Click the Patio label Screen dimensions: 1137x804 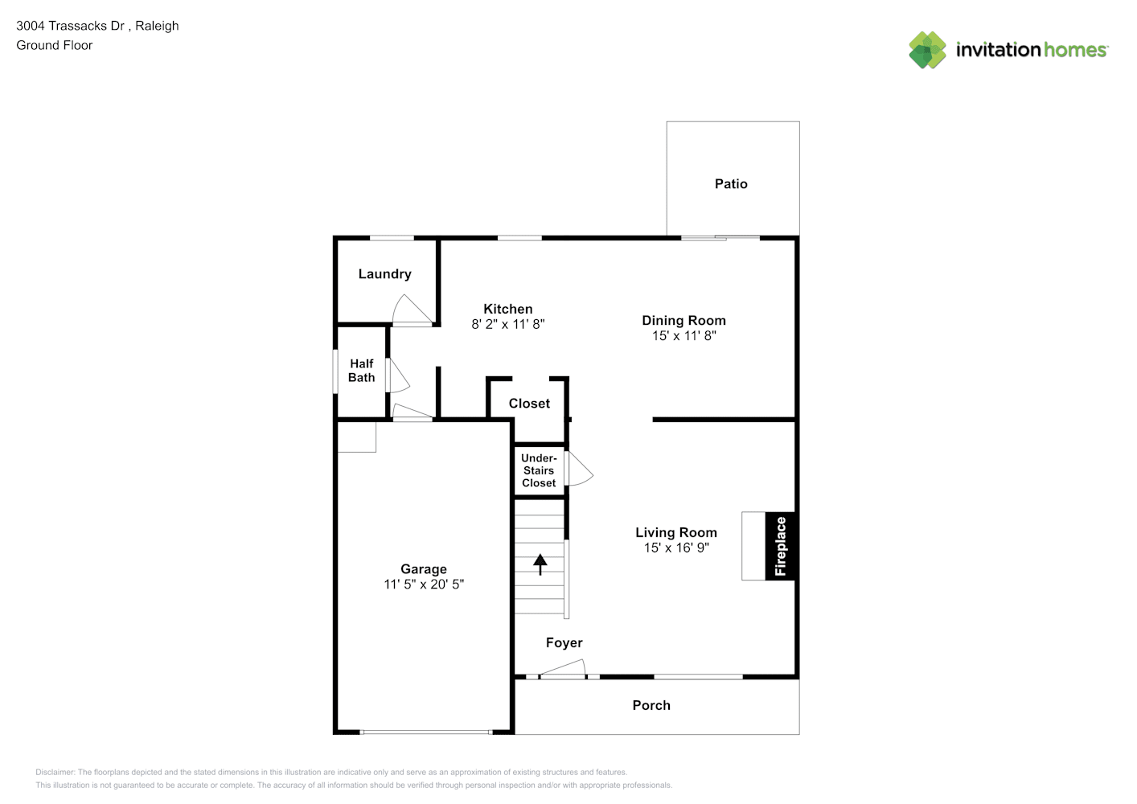click(731, 184)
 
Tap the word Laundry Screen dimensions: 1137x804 click(384, 274)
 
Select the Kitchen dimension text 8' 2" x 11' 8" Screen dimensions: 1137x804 click(508, 324)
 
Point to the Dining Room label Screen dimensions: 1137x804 click(683, 321)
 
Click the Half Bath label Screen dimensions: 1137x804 click(361, 371)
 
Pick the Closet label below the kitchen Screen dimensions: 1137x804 click(529, 404)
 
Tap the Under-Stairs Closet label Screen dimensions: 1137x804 click(539, 470)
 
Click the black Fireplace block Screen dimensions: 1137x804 click(780, 546)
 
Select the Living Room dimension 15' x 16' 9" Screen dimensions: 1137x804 click(676, 548)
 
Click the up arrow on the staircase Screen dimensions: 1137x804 click(540, 564)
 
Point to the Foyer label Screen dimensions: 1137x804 click(564, 642)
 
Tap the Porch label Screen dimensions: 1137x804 click(651, 706)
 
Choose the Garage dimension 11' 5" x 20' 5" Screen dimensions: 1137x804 click(424, 585)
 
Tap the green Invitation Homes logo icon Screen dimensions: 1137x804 click(927, 50)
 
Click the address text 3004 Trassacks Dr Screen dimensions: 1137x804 click(70, 26)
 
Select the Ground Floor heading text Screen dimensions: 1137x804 click(55, 45)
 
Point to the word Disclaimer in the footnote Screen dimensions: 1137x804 click(55, 772)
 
